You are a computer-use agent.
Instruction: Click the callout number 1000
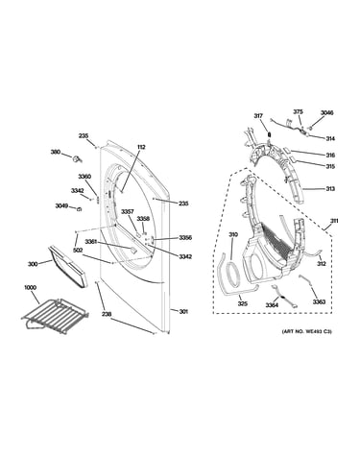[x=30, y=287]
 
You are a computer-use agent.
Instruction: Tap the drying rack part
[x=55, y=316]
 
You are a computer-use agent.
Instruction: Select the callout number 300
[x=33, y=264]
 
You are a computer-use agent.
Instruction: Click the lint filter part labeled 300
[x=66, y=267]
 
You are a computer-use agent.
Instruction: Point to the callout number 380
[x=56, y=152]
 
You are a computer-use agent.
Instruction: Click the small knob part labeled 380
[x=77, y=158]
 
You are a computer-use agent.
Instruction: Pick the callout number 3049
[x=61, y=205]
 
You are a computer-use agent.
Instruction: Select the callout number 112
[x=141, y=147]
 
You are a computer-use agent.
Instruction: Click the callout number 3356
[x=185, y=238]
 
